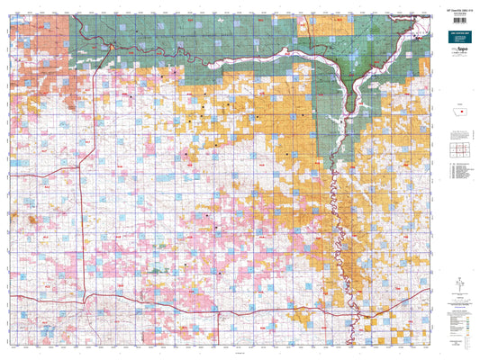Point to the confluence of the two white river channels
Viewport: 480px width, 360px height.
pyautogui.click(x=358, y=86)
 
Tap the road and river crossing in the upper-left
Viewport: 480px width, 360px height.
pyautogui.click(x=107, y=46)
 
